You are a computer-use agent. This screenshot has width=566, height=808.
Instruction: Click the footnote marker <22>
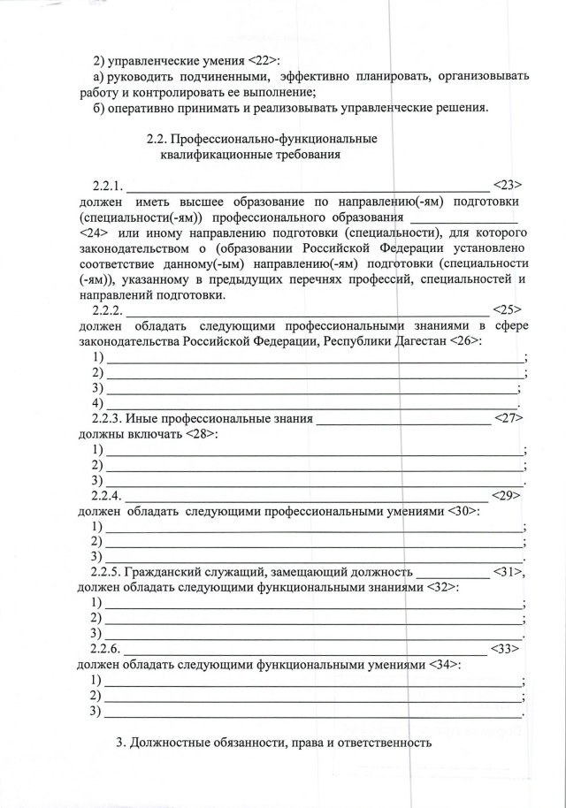[259, 60]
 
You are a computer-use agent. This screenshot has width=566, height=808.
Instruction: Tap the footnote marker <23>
[507, 185]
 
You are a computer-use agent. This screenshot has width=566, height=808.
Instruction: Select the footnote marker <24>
[95, 232]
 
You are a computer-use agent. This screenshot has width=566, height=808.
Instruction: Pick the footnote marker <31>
[509, 572]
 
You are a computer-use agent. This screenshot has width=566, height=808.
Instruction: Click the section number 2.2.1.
[107, 186]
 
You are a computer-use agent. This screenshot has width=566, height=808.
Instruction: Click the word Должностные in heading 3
[170, 743]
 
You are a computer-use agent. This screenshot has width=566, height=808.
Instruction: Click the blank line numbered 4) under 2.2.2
[310, 403]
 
